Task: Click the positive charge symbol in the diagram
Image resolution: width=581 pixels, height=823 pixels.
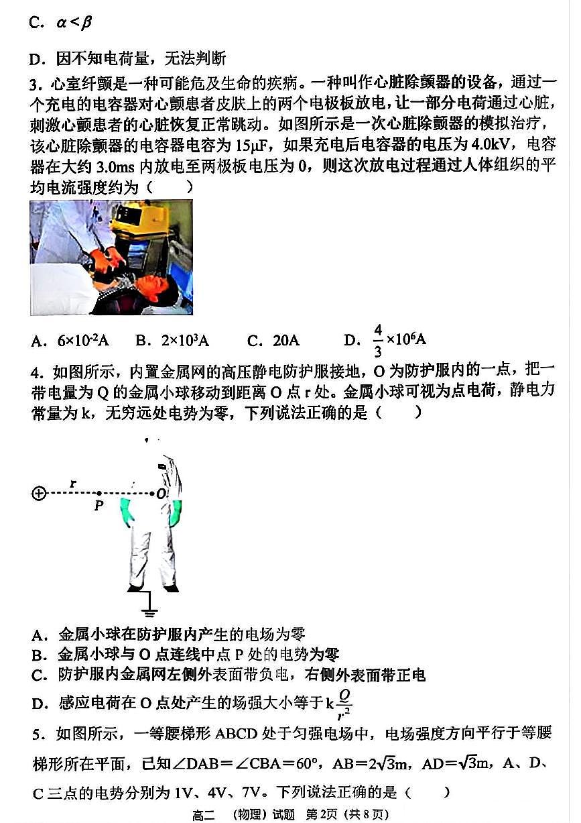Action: pyautogui.click(x=39, y=494)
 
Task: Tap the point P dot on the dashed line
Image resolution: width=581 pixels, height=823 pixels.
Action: pyautogui.click(x=99, y=494)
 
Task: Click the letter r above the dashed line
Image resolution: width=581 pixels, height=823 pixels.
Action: pyautogui.click(x=73, y=483)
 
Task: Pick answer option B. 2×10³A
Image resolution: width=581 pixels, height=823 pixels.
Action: pyautogui.click(x=172, y=341)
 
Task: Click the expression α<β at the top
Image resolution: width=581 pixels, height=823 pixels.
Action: pyautogui.click(x=74, y=23)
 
